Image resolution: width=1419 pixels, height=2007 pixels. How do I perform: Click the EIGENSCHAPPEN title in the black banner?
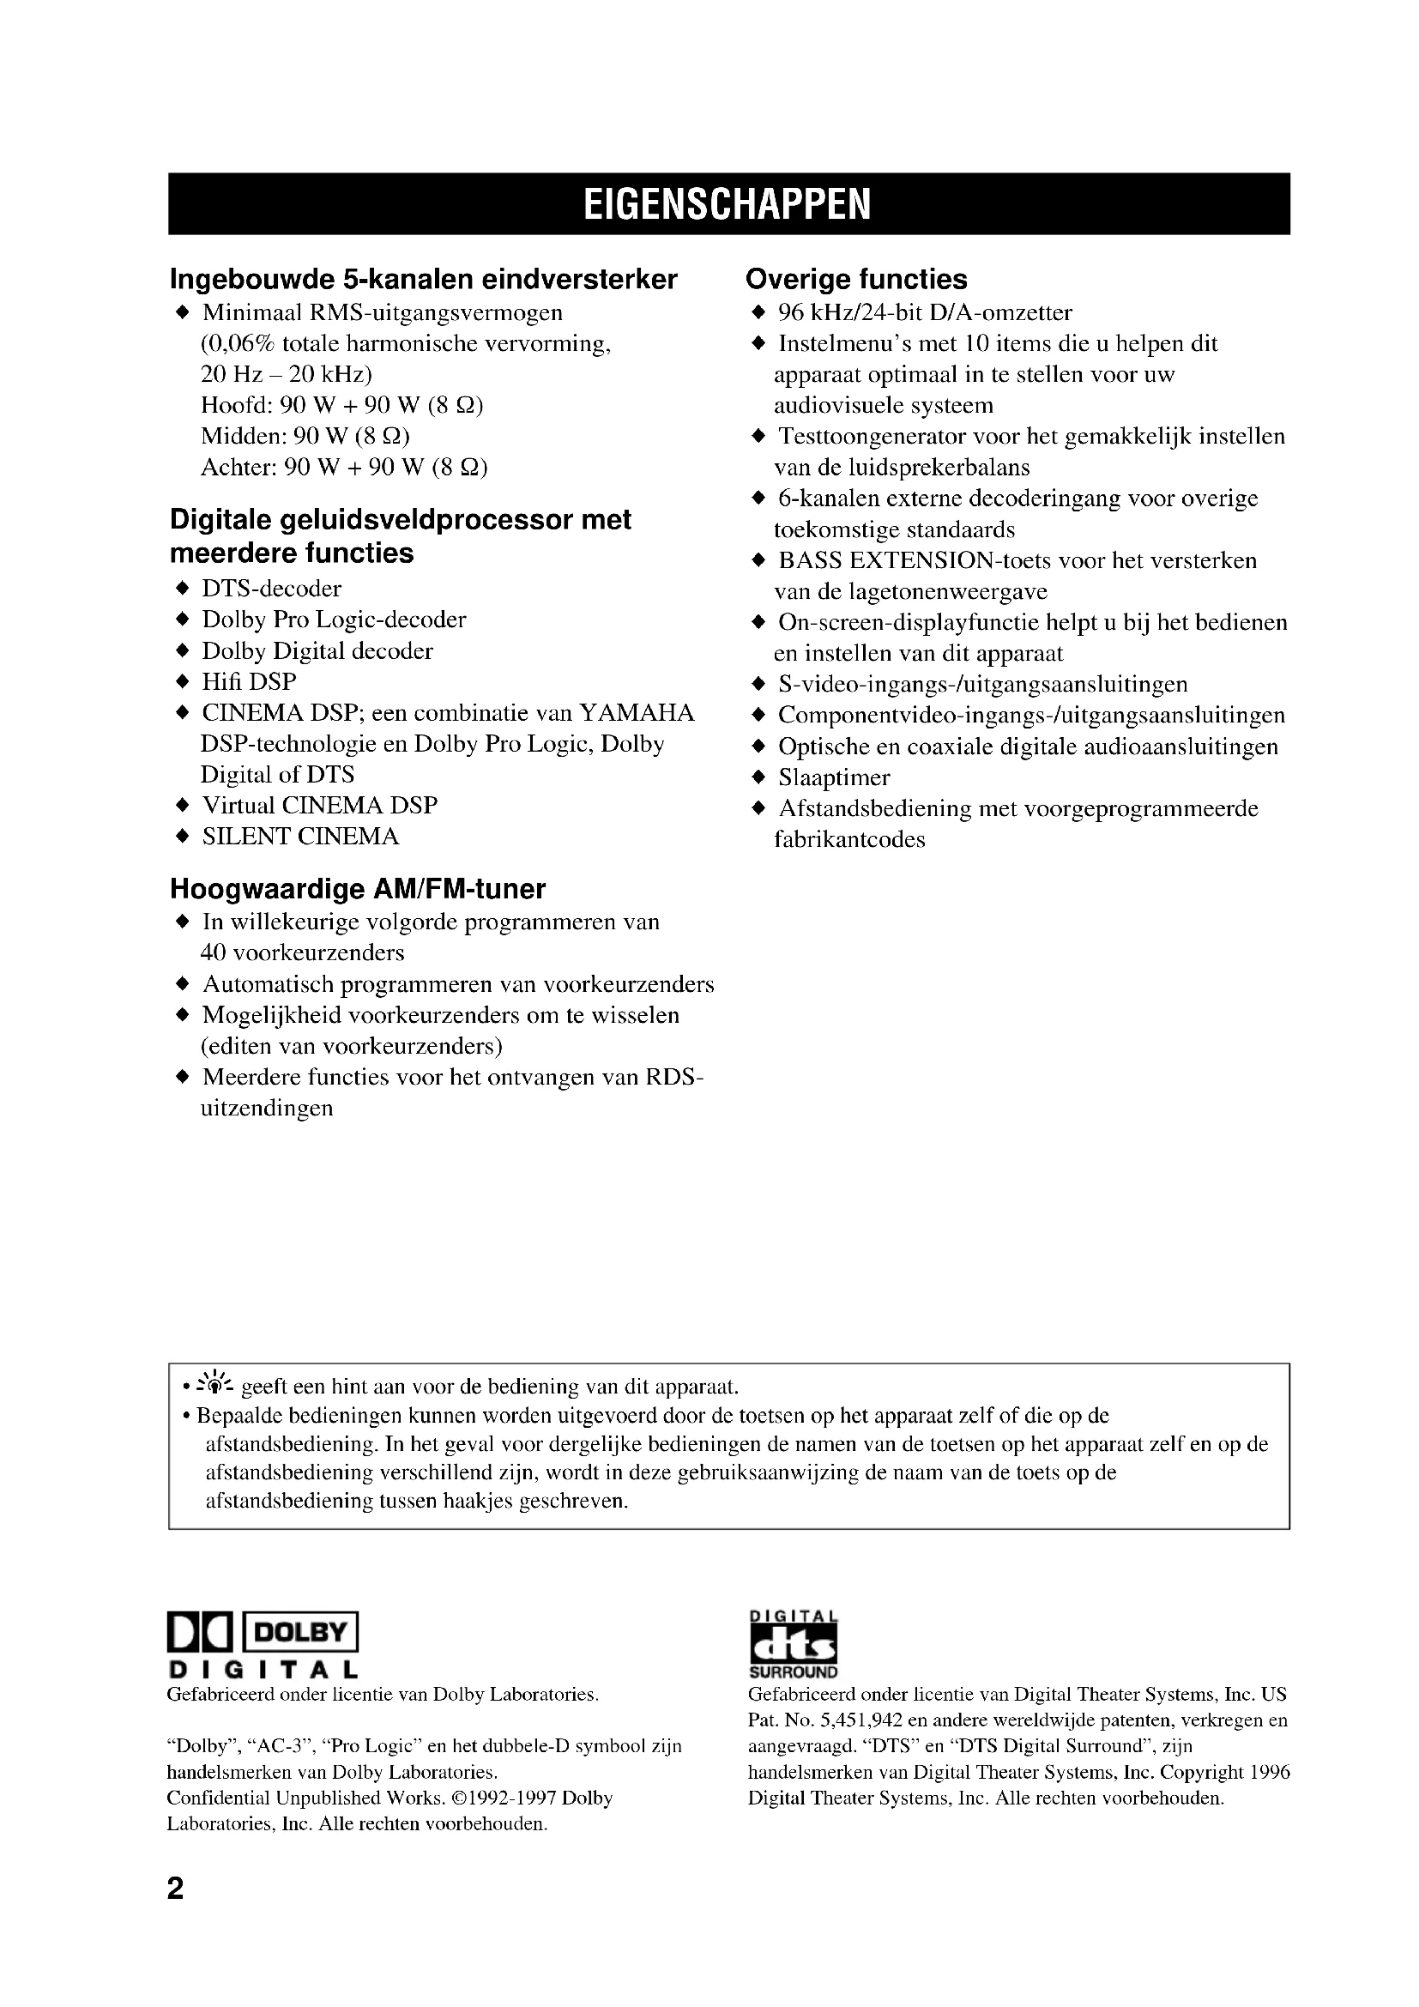pyautogui.click(x=727, y=204)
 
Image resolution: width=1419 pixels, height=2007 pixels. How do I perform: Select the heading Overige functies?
pyautogui.click(x=855, y=279)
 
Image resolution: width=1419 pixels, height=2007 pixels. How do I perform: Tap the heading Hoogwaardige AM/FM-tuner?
pyautogui.click(x=357, y=889)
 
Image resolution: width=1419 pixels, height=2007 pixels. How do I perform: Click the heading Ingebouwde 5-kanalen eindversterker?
pyautogui.click(x=423, y=279)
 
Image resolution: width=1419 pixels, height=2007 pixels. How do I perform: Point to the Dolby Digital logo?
pyautogui.click(x=263, y=1645)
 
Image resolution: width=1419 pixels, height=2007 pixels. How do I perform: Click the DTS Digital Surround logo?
pyautogui.click(x=793, y=1645)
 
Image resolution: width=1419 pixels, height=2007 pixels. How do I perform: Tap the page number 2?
pyautogui.click(x=176, y=1889)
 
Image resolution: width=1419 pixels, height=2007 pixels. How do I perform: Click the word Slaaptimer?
pyautogui.click(x=834, y=777)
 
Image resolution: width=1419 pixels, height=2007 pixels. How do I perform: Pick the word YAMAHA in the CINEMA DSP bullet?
pyautogui.click(x=637, y=713)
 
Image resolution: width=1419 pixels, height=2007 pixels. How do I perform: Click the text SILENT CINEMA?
pyautogui.click(x=299, y=837)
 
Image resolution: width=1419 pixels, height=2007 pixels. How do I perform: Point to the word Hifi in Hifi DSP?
pyautogui.click(x=222, y=682)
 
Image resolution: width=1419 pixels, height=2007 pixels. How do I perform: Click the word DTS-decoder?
pyautogui.click(x=271, y=589)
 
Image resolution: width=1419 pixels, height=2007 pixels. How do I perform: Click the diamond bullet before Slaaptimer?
pyautogui.click(x=758, y=777)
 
